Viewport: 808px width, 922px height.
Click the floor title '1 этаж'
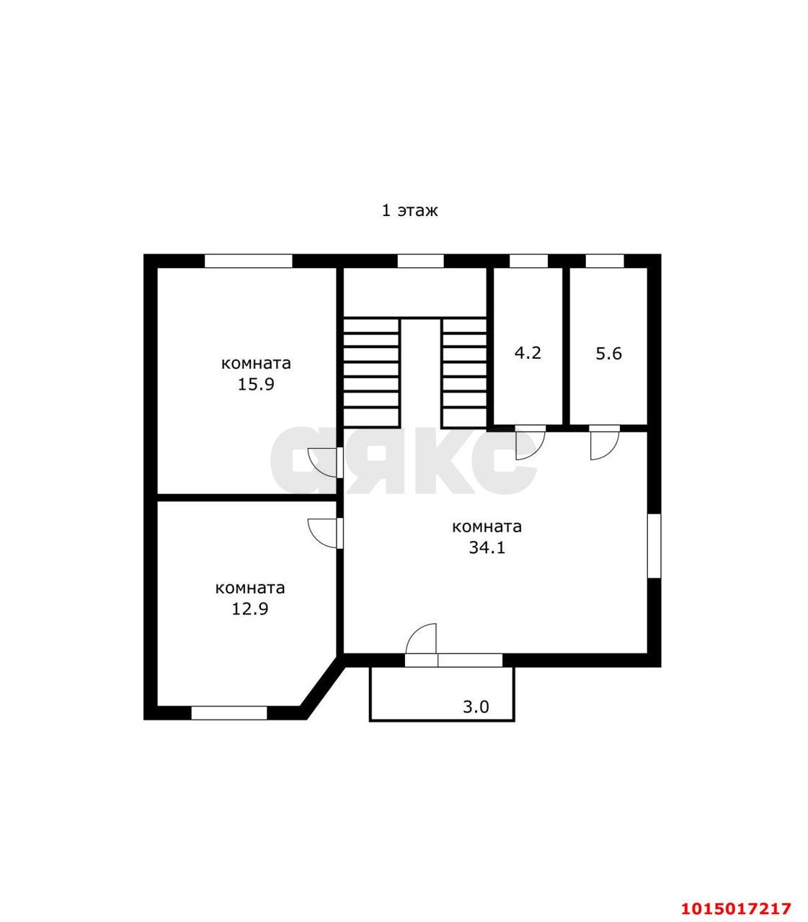[x=409, y=210]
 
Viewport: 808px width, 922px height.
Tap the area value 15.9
[x=256, y=384]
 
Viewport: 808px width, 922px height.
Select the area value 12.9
[x=250, y=609]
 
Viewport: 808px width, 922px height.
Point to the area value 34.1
[x=487, y=547]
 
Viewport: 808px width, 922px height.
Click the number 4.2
[x=527, y=353]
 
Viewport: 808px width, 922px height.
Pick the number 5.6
[x=608, y=354]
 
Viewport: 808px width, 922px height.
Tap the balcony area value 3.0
[x=476, y=707]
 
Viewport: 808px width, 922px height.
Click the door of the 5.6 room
[x=604, y=442]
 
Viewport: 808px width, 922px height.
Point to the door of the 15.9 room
[x=325, y=462]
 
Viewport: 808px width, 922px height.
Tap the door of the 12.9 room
[x=325, y=532]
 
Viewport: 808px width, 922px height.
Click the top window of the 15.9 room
[x=248, y=261]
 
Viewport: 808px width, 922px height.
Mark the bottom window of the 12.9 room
[x=229, y=713]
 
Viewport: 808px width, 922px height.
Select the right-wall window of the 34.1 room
[x=654, y=545]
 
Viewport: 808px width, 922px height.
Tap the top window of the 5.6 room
[x=604, y=261]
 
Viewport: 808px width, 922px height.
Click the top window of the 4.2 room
[x=528, y=261]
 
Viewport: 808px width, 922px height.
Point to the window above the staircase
[x=420, y=261]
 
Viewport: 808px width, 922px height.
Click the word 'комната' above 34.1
[x=487, y=527]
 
